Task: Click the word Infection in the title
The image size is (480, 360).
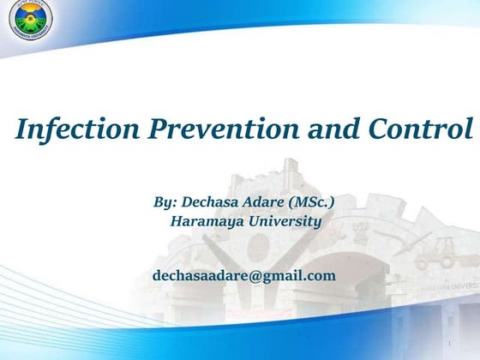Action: [69, 129]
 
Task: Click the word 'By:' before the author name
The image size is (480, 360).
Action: [165, 202]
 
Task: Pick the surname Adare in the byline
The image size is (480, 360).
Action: [269, 202]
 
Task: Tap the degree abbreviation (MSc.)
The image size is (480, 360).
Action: [313, 202]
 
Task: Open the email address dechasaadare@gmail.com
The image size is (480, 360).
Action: [243, 275]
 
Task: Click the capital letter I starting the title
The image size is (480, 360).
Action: [23, 129]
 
